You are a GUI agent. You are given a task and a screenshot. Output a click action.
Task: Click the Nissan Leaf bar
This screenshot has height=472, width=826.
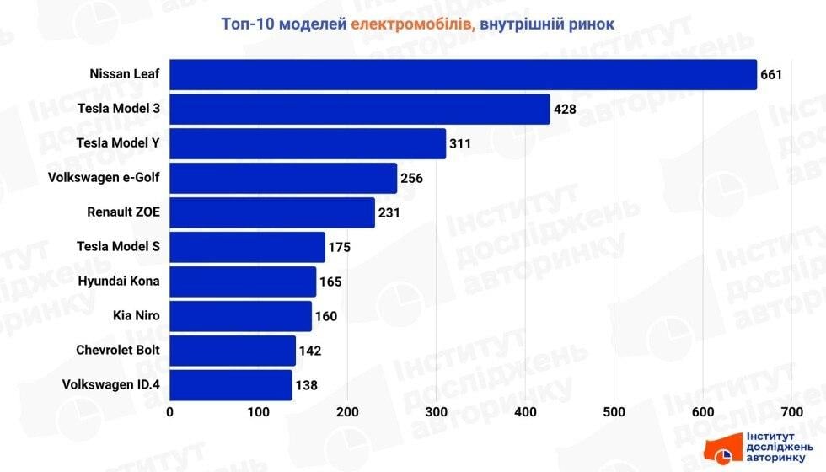(464, 74)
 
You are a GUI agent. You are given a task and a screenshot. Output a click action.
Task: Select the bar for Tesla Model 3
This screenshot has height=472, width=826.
(360, 109)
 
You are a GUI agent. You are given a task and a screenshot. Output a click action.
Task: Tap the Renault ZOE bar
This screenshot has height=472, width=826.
(272, 212)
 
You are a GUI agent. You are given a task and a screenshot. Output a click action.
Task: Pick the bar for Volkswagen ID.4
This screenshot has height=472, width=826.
(231, 385)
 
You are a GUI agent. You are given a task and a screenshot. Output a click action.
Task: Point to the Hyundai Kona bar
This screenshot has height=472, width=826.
(243, 282)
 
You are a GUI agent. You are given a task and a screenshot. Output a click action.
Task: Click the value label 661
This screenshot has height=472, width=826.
(772, 74)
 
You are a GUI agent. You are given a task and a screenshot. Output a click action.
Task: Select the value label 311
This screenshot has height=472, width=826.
(460, 143)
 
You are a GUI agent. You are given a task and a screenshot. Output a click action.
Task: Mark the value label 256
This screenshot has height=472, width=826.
(411, 178)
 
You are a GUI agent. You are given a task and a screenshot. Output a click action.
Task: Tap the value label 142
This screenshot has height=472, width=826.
(310, 351)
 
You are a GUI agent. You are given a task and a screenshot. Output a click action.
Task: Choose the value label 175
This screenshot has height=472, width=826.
(339, 247)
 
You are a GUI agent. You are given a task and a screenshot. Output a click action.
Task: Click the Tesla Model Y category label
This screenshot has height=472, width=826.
(118, 142)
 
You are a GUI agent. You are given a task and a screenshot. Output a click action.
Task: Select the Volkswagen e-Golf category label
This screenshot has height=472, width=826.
(105, 177)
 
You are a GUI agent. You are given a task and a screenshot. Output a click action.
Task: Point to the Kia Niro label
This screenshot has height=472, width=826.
(136, 315)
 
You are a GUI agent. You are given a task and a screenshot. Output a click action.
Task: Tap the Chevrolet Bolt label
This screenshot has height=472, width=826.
(118, 350)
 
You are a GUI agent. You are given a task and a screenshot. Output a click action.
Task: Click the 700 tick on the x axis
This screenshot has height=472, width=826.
(791, 411)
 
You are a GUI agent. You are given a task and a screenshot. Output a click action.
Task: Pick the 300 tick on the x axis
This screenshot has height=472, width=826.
(437, 411)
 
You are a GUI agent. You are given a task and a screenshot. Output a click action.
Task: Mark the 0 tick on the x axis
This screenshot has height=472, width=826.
(170, 411)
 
